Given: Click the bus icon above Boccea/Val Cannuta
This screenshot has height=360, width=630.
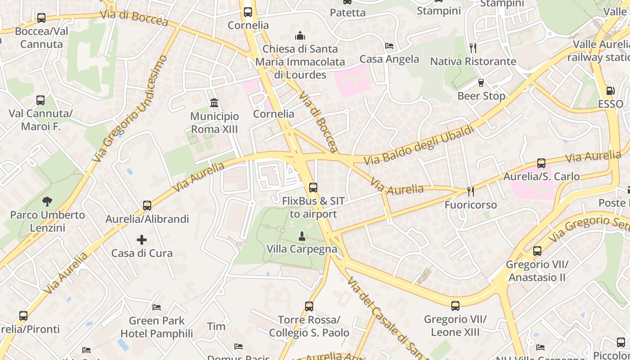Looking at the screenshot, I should pos(41,18).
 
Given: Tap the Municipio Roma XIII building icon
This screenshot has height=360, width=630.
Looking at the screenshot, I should pos(214,103).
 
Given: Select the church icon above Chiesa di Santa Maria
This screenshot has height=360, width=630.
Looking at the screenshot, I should pos(300,36).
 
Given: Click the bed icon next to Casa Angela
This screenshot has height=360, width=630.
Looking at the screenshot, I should pos(389,46).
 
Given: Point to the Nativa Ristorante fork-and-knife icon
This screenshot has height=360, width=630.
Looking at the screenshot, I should pos(472,48).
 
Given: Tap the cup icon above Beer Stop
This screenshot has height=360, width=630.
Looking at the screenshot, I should pos(481,83).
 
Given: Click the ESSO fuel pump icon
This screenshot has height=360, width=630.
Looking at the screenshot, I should pos(610,91).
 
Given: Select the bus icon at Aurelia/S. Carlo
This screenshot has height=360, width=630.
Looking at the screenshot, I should pos(541,163).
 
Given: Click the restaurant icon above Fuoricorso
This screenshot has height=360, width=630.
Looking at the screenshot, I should pos(471,192).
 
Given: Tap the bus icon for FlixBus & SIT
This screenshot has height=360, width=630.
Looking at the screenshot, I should pos(313,188).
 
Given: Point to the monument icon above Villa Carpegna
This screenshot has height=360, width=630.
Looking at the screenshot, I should pos(302,235).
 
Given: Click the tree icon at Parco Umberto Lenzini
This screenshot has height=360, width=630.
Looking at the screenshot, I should pos(47,201).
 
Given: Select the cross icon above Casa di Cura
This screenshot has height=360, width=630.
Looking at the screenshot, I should pos(142,240).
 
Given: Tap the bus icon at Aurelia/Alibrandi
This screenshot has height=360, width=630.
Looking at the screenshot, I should pos(147,206).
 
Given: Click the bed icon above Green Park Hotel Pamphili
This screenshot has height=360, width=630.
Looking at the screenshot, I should pos(157,307).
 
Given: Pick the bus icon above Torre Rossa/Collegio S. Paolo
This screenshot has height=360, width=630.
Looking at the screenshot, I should pos(309,306).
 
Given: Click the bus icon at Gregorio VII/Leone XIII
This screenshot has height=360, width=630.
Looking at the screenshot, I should pos(455,306).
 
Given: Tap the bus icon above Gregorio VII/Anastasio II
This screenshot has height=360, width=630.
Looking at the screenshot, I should pos(537,251).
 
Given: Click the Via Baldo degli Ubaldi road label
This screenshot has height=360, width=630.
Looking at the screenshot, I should pos(418,145).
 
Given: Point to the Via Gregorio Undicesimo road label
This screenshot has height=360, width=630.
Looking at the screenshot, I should pos(130,108).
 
